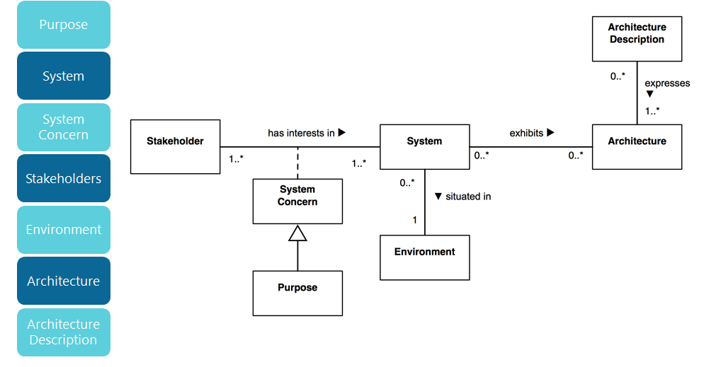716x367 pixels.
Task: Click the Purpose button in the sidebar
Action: [64, 25]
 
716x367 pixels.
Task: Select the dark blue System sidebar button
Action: [64, 76]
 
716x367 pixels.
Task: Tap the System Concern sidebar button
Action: [64, 127]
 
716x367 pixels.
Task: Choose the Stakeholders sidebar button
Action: [64, 178]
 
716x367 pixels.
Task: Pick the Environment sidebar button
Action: [64, 230]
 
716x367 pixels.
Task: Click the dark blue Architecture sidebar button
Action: [64, 281]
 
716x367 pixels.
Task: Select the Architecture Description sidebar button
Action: [64, 332]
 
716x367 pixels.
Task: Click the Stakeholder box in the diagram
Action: [175, 147]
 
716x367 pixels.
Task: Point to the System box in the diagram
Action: [424, 147]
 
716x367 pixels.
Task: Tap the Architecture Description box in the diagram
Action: [637, 39]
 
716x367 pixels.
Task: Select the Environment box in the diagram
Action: [424, 257]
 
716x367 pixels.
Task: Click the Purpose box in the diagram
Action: [297, 293]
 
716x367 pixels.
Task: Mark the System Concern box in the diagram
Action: [297, 201]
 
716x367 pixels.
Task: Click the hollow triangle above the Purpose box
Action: [297, 233]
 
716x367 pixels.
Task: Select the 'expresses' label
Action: [666, 83]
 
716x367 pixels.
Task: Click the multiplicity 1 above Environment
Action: [415, 221]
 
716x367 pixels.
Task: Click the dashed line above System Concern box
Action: [297, 163]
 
